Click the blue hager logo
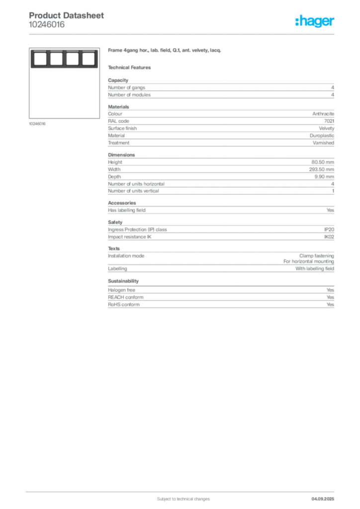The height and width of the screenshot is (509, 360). [315, 22]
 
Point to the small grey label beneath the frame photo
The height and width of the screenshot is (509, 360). [38, 124]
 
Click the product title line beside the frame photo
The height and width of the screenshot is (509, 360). [165, 51]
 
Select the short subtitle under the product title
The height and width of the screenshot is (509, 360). [131, 68]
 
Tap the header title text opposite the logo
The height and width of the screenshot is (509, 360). [67, 16]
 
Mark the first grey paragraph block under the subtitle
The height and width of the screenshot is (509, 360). [220, 88]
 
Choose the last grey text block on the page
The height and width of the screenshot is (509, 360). [220, 298]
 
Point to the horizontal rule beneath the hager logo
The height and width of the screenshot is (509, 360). [183, 34]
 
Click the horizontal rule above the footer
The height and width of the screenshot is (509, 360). [183, 491]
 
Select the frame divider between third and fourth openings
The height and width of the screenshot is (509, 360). [80, 59]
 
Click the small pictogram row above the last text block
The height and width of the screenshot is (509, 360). [121, 277]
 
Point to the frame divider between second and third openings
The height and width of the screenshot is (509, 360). [64, 59]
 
